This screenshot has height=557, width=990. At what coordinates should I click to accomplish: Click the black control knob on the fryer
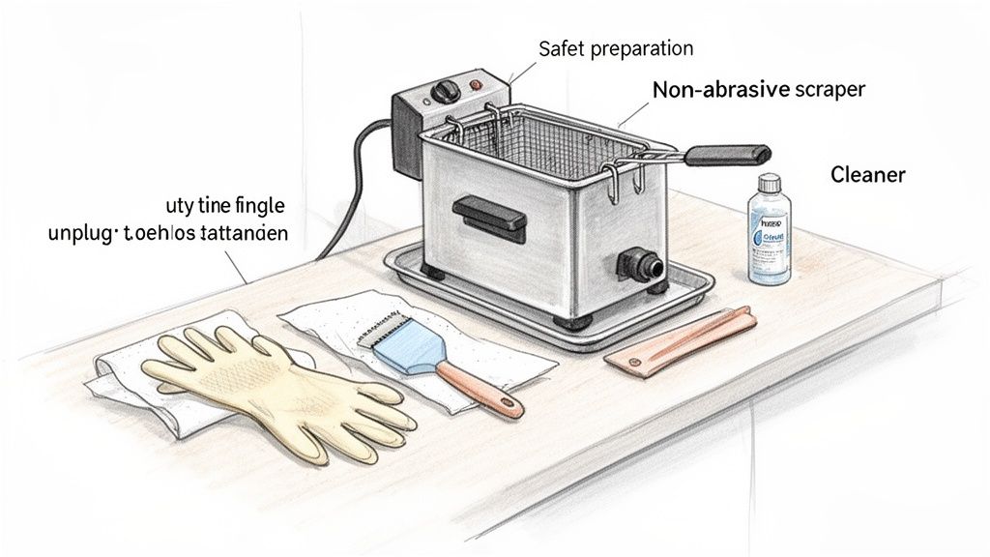(x=446, y=92)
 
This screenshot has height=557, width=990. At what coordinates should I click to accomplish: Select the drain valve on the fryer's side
(x=640, y=264)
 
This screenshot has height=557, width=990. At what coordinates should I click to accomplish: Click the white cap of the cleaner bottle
(x=769, y=183)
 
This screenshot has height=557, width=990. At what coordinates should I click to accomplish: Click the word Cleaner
(x=867, y=175)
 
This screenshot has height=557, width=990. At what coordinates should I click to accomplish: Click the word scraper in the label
(x=829, y=90)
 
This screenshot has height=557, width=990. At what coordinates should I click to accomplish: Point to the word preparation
(x=641, y=47)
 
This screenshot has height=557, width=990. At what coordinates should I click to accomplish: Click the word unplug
(x=81, y=233)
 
